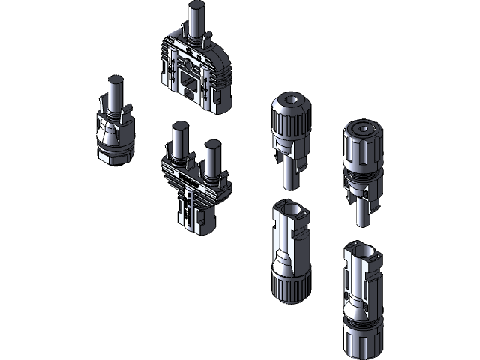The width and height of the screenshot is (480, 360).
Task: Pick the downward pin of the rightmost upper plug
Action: pyautogui.click(x=362, y=214)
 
